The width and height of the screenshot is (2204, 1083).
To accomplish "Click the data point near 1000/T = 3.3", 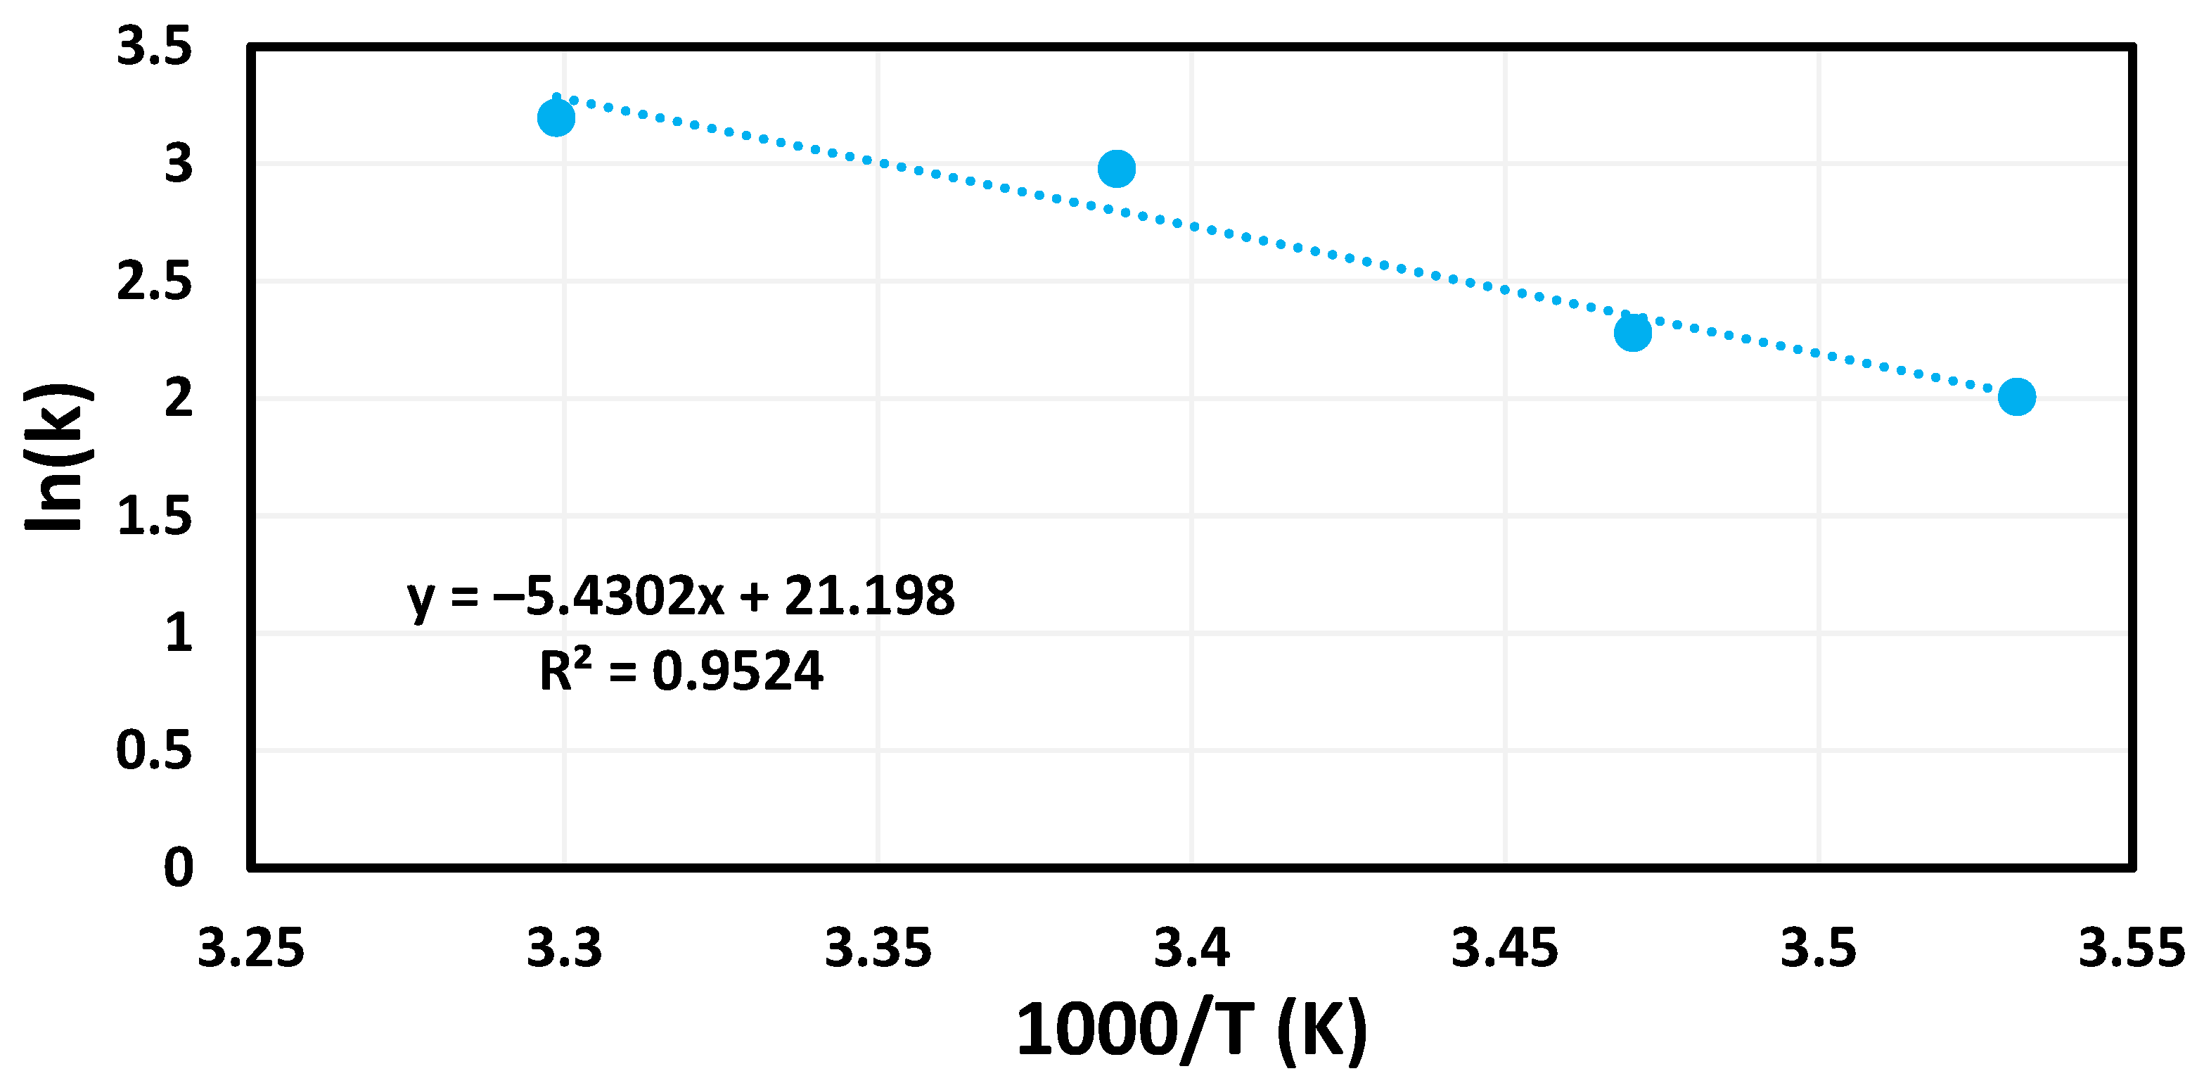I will point(556,118).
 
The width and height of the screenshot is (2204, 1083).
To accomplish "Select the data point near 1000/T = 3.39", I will point(1117,169).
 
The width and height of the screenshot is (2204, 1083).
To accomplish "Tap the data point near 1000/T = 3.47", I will point(1632,332).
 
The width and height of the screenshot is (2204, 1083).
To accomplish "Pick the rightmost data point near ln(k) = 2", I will point(2017,396).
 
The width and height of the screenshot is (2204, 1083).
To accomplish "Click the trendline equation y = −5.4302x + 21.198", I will point(680,597).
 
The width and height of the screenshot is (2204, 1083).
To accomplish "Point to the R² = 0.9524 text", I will point(680,671).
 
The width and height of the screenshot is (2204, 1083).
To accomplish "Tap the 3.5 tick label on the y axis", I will point(154,46).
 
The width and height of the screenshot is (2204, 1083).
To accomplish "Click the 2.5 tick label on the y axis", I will point(154,281).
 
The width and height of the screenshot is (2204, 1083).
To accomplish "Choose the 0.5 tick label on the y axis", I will point(154,751).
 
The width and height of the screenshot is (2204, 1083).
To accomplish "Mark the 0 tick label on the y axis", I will point(178,867).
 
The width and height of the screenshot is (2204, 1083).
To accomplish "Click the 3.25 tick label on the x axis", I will point(250,949).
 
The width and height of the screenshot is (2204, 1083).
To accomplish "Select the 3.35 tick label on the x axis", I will point(878,949).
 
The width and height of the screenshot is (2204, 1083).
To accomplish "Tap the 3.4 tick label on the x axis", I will point(1192,949).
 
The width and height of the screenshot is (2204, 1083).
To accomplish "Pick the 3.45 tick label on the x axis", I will point(1505,949).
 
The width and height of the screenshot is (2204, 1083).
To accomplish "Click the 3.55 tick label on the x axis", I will point(2132,949).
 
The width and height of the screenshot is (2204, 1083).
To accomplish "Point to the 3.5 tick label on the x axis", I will point(1818,949).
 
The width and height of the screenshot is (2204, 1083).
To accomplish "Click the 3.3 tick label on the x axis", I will point(564,949).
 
